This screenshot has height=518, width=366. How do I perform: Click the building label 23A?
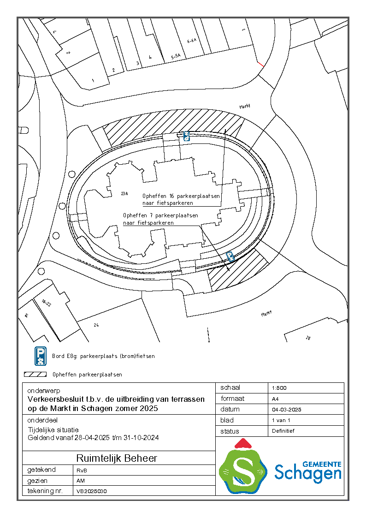click(x=124, y=193)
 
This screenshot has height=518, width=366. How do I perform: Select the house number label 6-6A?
click(x=192, y=41)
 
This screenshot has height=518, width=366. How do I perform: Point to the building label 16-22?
click(x=46, y=303)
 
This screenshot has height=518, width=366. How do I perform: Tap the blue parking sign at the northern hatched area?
click(x=186, y=136)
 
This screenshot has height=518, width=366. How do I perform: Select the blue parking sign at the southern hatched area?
click(x=230, y=256)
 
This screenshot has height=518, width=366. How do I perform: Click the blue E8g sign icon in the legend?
click(x=41, y=356)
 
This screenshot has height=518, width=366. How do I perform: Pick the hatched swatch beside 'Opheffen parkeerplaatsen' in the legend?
click(x=35, y=375)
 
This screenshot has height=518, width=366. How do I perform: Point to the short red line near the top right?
click(x=260, y=64)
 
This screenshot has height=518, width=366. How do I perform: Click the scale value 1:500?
click(x=280, y=388)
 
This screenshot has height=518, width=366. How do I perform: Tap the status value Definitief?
click(x=283, y=431)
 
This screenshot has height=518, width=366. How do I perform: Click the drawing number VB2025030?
click(x=92, y=491)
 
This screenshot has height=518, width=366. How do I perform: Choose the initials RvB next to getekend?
click(x=81, y=470)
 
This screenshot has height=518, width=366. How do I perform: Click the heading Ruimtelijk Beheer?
click(x=117, y=458)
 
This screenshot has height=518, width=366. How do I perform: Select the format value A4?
click(x=275, y=399)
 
